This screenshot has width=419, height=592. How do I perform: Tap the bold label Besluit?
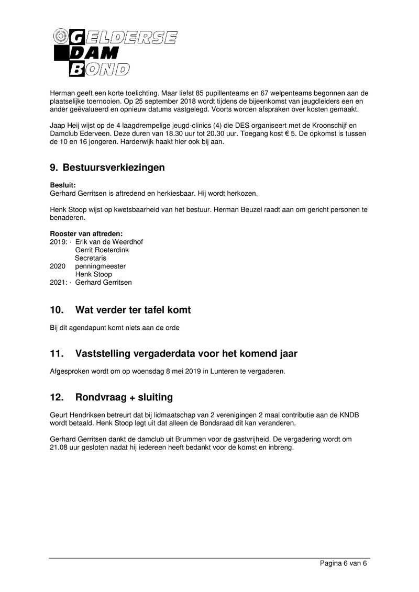[x=63, y=185]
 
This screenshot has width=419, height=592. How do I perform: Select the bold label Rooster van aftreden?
[x=86, y=233]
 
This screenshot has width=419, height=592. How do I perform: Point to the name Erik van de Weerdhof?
[x=109, y=242]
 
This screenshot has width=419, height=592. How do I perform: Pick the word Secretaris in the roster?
[x=90, y=258]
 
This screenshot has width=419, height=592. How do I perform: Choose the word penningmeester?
[x=100, y=266]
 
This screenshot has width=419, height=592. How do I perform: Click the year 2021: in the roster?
[x=59, y=282]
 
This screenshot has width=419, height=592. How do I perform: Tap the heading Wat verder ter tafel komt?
[x=133, y=310]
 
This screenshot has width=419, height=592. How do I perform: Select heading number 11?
[x=56, y=354]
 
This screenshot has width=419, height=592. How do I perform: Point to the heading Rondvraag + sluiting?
[x=124, y=397]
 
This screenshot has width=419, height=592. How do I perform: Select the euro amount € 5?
[x=310, y=133]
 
